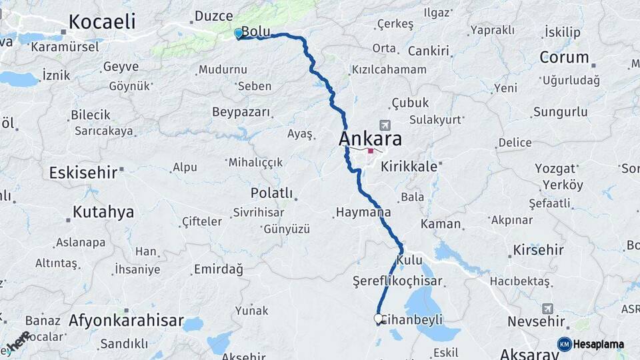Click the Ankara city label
point(370,139)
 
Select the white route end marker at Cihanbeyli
point(379,319)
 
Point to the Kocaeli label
point(102,21)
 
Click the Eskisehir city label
point(83,173)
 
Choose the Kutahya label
point(103,212)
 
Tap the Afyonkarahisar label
point(126,321)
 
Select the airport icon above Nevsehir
point(547,309)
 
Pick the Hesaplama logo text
point(598,344)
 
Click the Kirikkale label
point(409,167)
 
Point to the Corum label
point(563,57)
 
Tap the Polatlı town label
point(271,193)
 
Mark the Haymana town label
point(363,213)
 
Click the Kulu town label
point(409,259)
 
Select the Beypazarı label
point(241,112)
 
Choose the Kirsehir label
point(538,250)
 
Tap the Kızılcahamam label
point(389,69)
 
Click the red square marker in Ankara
point(371,151)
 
